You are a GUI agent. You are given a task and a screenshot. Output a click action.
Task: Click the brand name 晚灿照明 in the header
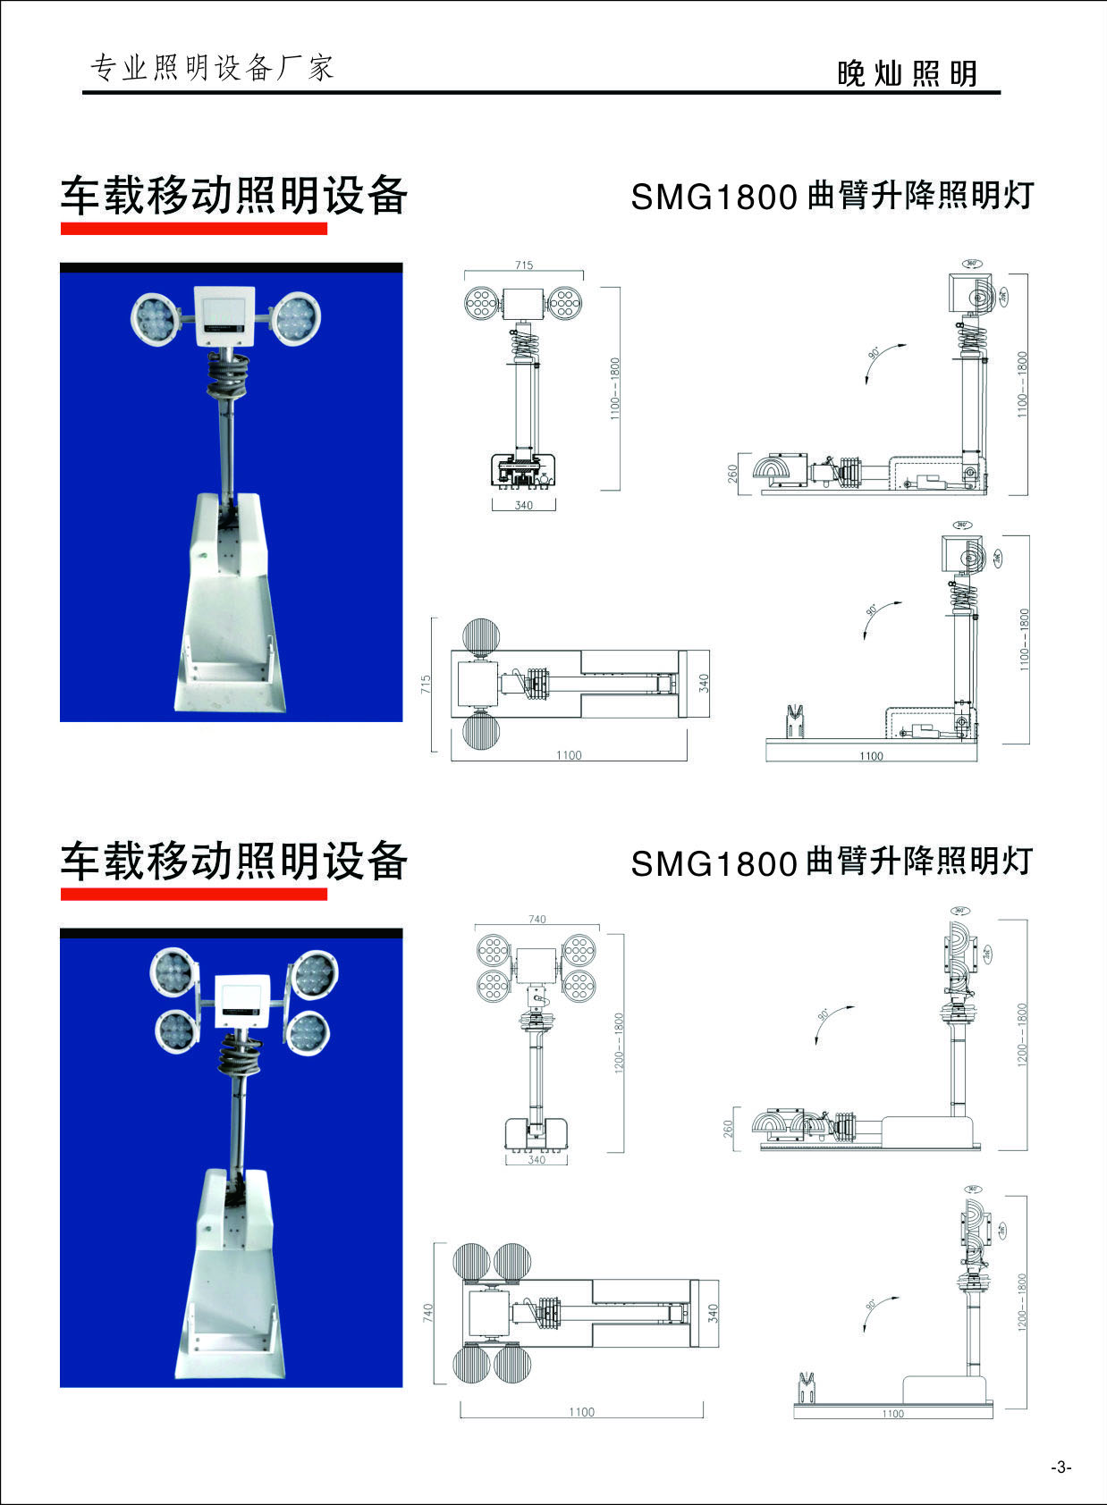907,73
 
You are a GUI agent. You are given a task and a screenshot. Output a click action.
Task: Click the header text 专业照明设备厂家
213,68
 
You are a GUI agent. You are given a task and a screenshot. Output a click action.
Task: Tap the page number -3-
1061,1467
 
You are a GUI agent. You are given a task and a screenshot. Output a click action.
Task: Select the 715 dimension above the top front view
524,265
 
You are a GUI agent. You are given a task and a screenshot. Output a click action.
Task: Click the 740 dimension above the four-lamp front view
537,919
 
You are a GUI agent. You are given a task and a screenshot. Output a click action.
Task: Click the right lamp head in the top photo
296,320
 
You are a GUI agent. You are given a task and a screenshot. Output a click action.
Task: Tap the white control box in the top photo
225,315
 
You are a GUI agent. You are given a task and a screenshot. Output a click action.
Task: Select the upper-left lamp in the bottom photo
172,972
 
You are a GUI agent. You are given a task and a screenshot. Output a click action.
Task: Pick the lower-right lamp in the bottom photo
309,1032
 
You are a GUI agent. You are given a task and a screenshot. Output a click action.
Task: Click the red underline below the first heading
193,229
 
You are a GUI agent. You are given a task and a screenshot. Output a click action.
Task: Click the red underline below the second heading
193,894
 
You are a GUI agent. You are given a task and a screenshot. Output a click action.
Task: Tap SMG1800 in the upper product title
714,198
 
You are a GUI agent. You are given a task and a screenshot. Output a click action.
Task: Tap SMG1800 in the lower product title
714,863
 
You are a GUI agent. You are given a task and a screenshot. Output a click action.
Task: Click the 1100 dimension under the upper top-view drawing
569,755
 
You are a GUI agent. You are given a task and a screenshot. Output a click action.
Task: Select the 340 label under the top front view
524,505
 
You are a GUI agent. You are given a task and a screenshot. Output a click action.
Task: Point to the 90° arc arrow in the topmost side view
881,359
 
